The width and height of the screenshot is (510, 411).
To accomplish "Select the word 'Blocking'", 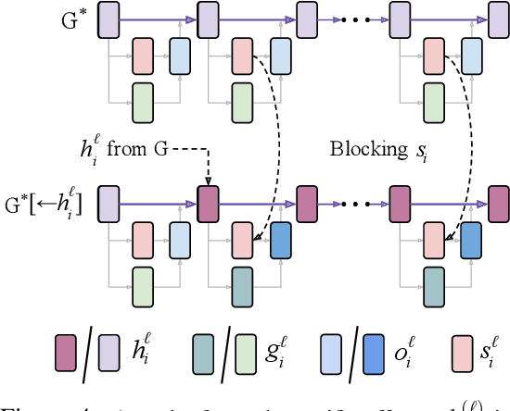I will [367, 149].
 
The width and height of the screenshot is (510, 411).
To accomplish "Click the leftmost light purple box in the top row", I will [108, 18].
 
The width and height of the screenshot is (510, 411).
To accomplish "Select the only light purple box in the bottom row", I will [108, 200].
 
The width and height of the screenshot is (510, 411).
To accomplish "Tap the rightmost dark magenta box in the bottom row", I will [498, 200].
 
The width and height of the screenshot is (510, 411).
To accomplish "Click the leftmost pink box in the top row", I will [142, 56].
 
